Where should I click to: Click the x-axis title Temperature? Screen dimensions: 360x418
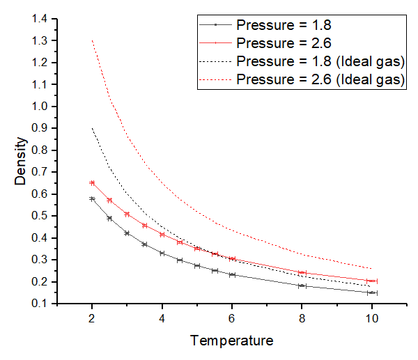click(x=232, y=341)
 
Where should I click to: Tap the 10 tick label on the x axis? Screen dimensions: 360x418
click(x=372, y=319)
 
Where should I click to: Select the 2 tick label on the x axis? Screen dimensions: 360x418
click(x=92, y=319)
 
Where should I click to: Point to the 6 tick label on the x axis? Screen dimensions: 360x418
click(x=232, y=319)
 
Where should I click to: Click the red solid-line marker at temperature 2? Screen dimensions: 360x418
click(x=92, y=183)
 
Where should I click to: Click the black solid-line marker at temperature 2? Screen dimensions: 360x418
click(x=92, y=198)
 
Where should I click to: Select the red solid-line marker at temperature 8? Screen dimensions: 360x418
click(x=302, y=273)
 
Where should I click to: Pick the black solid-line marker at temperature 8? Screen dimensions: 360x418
click(x=302, y=285)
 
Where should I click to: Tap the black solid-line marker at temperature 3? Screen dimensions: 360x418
click(x=127, y=233)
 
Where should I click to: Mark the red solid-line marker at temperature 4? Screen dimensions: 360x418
click(x=162, y=235)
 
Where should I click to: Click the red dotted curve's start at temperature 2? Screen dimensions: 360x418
click(x=92, y=40)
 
